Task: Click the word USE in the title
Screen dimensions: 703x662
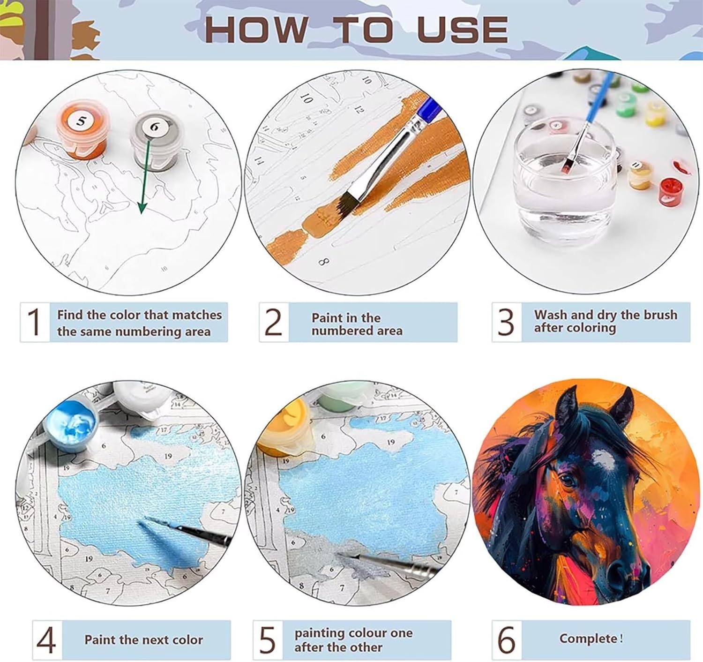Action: [x=462, y=30]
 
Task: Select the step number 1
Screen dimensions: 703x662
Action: [x=34, y=322]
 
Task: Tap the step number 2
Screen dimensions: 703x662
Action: [x=273, y=322]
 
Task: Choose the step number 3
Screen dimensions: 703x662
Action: [x=506, y=322]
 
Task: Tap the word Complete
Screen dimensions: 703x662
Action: [x=588, y=639]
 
